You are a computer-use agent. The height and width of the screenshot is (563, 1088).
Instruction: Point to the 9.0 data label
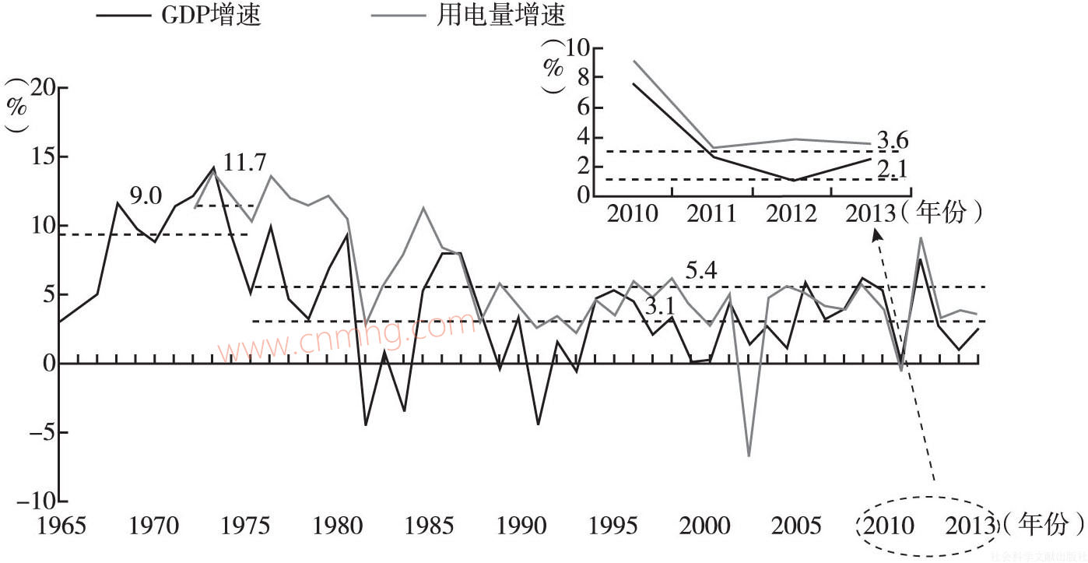click(145, 196)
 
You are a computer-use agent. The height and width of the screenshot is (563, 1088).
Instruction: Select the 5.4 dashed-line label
click(700, 272)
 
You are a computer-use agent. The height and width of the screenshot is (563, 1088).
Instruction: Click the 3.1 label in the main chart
click(659, 307)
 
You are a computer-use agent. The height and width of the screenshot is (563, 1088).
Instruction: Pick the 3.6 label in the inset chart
click(893, 141)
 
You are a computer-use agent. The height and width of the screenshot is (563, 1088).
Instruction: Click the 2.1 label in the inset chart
click(893, 168)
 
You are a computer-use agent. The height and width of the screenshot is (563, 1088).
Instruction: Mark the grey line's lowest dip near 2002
click(749, 455)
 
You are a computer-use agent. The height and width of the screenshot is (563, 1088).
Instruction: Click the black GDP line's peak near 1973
click(212, 167)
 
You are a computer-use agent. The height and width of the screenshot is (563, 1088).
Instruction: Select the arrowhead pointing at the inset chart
click(876, 232)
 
